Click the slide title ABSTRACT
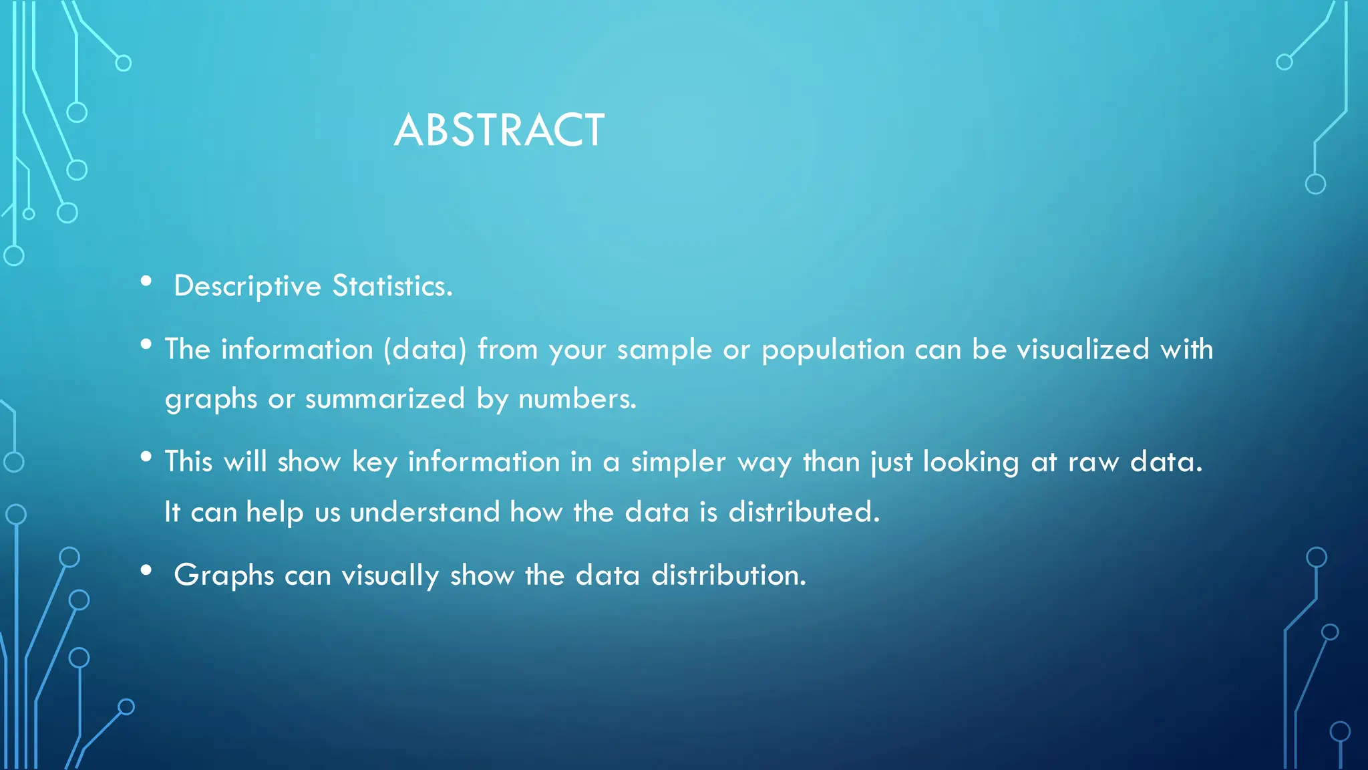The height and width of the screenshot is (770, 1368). click(x=499, y=130)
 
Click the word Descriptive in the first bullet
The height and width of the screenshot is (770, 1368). click(x=247, y=287)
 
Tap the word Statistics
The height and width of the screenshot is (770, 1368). click(x=392, y=287)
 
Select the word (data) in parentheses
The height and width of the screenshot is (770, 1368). click(x=425, y=350)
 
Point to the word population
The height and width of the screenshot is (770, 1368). click(x=832, y=350)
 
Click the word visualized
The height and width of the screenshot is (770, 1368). click(x=1082, y=350)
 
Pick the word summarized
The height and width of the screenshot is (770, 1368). click(x=385, y=399)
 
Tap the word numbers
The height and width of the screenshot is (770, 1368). click(x=577, y=399)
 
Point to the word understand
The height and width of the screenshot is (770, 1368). click(x=425, y=512)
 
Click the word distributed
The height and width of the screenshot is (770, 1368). click(x=804, y=512)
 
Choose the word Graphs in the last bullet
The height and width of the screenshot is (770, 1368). click(x=224, y=575)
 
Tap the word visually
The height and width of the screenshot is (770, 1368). click(x=390, y=575)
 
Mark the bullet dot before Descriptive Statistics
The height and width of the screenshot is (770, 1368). click(x=146, y=281)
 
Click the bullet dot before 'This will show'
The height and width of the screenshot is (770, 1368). click(x=146, y=457)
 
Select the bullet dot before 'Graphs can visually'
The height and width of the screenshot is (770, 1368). click(x=146, y=571)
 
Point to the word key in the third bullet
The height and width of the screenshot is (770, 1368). click(x=374, y=462)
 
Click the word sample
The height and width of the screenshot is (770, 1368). click(x=664, y=350)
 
